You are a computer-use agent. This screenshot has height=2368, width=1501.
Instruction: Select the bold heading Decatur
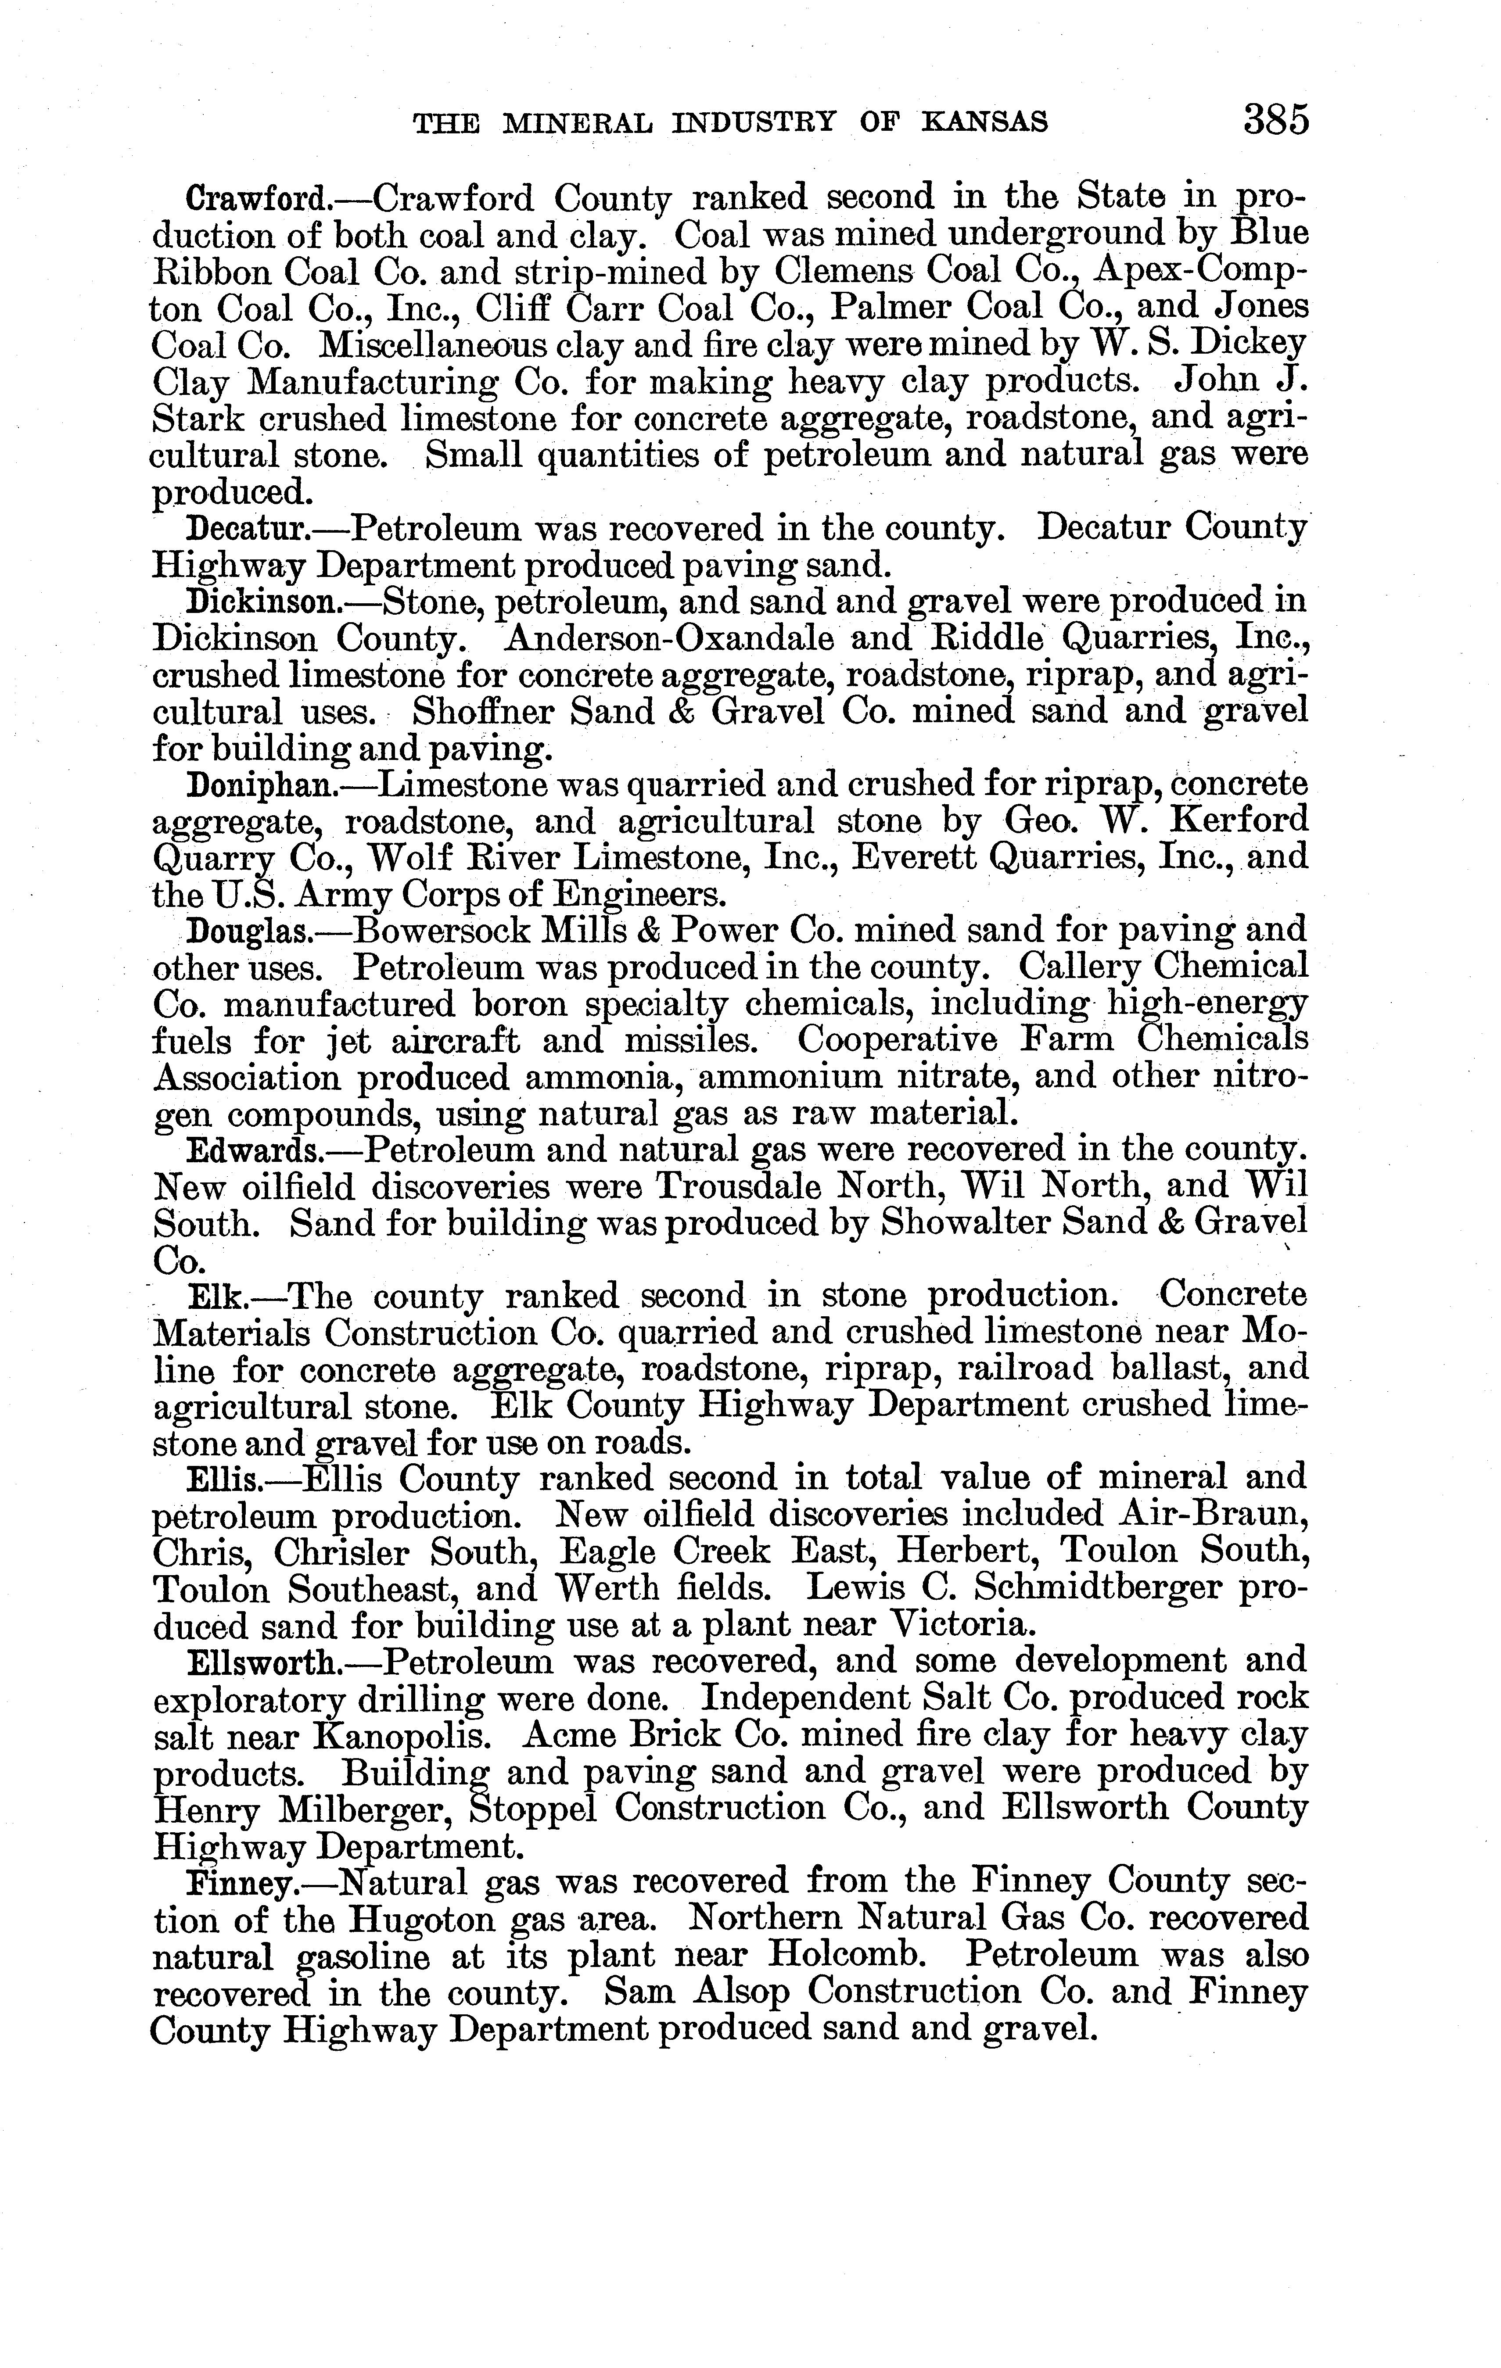[x=248, y=530]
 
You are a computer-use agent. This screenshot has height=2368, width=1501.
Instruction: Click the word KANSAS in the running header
[x=984, y=122]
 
